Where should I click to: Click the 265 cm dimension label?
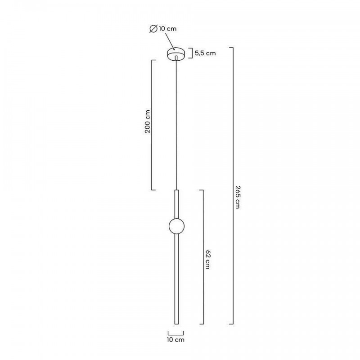click(x=238, y=197)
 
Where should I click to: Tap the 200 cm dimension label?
click(x=148, y=121)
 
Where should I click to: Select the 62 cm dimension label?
click(x=207, y=260)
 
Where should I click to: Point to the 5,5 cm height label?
click(x=205, y=53)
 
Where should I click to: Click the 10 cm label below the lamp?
click(x=175, y=340)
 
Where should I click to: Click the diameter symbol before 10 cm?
click(x=153, y=29)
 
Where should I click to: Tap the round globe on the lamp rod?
click(x=176, y=226)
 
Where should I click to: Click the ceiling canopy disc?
click(x=176, y=54)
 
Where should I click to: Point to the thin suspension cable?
click(x=176, y=125)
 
